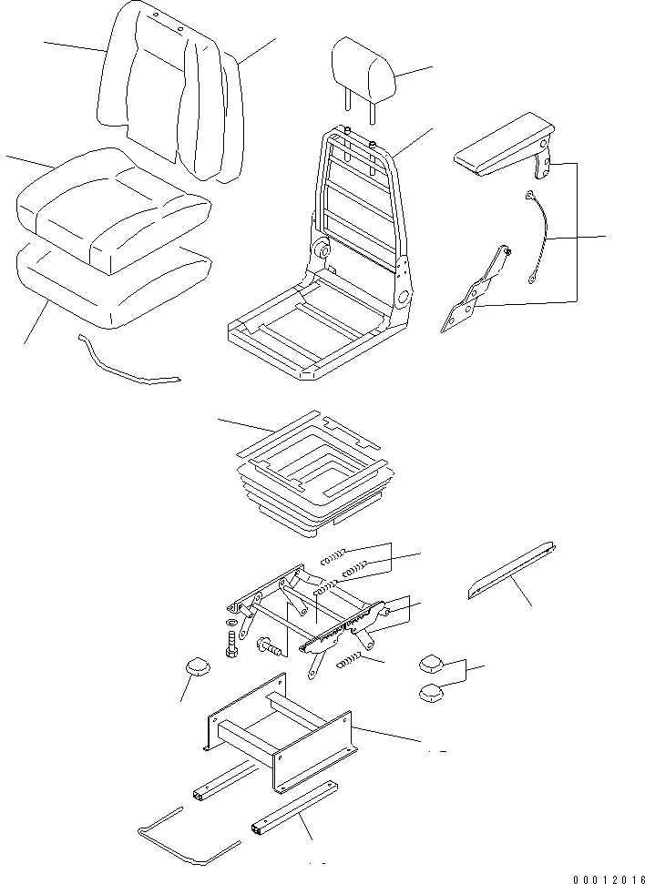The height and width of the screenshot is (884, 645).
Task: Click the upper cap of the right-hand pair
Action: click(432, 663)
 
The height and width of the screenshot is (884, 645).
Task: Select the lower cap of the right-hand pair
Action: click(433, 695)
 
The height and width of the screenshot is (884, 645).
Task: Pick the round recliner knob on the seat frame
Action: click(322, 249)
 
